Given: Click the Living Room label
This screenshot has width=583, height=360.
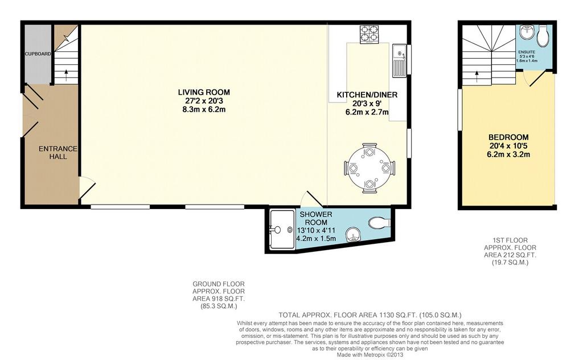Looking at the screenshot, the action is [x=204, y=92].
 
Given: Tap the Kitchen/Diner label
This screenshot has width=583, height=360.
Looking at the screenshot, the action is [x=367, y=95].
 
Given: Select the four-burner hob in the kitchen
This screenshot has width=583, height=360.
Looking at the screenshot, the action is [x=369, y=34].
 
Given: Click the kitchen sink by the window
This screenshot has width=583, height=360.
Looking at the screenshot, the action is [x=399, y=60].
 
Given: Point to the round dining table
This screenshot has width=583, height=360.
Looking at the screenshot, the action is [x=369, y=168].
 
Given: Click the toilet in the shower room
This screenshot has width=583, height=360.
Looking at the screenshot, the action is [x=379, y=223].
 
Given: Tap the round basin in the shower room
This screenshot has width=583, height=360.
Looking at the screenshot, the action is [x=351, y=235].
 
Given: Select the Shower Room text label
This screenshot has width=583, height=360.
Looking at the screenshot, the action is [x=315, y=218].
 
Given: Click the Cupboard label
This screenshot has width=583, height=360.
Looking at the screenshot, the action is [x=38, y=54].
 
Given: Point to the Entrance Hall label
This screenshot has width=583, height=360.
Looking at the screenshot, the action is [x=58, y=153].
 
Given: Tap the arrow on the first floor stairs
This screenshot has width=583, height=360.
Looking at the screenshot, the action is [x=477, y=77].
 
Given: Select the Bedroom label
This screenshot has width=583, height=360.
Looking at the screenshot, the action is [x=508, y=137].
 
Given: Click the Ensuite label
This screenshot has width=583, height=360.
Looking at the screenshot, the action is [x=527, y=52].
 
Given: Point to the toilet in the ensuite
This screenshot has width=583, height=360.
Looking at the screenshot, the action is [x=543, y=36].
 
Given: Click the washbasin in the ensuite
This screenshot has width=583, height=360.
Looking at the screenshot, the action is [x=527, y=32].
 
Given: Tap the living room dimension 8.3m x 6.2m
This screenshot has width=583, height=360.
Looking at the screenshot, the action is [x=204, y=110].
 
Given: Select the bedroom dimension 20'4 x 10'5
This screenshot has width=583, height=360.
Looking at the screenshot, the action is [x=508, y=146].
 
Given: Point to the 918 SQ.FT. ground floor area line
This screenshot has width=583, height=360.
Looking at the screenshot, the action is [x=219, y=298].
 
